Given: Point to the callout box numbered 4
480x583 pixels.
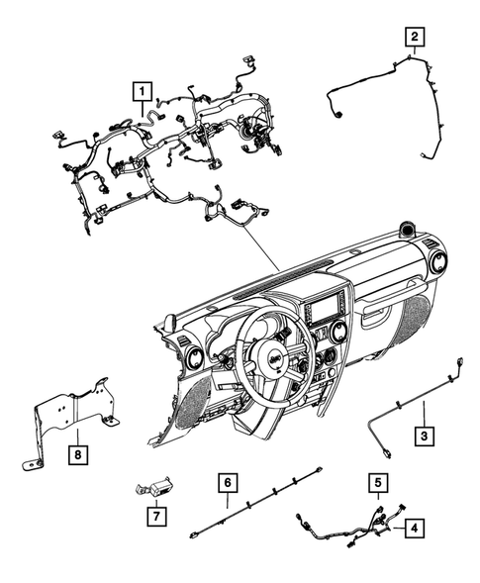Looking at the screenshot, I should coord(415,529).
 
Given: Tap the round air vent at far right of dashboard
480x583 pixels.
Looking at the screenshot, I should coord(436,264).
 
